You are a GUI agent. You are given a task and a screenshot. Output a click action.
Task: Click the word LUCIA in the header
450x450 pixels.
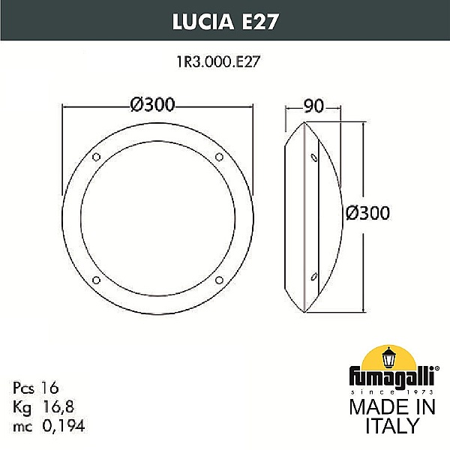[203, 22]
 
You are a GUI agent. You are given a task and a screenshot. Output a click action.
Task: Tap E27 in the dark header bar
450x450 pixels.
[260, 22]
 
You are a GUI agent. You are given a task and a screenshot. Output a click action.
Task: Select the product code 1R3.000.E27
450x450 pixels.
[219, 61]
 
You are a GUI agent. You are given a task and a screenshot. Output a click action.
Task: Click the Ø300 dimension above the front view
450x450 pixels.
[152, 104]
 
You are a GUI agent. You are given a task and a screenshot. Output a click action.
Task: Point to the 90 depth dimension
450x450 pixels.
[313, 106]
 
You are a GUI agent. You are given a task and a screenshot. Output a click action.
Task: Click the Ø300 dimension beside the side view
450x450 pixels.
[368, 213]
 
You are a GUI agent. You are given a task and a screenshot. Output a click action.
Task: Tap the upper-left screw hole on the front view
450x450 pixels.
[97, 157]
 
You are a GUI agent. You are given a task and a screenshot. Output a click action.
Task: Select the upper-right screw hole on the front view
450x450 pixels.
[219, 157]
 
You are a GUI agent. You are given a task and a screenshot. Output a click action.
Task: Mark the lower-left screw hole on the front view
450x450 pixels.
[96, 280]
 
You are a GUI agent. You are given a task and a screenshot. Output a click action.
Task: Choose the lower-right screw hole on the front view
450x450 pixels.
[219, 280]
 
